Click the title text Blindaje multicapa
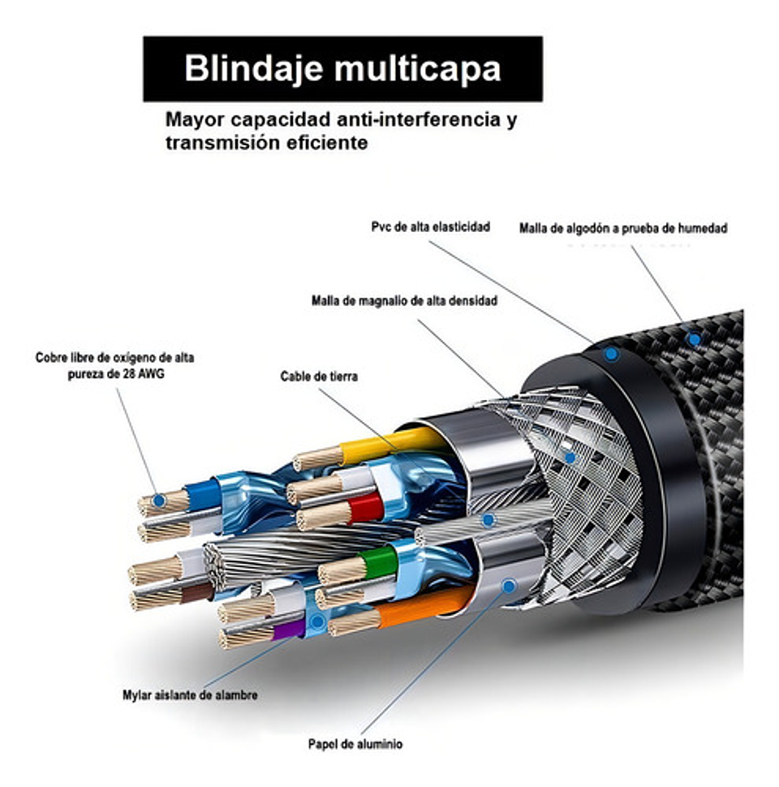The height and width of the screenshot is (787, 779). coord(342,69)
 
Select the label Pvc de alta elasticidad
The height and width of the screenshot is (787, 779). coord(430,227)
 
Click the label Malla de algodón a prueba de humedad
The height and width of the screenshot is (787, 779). coord(622,229)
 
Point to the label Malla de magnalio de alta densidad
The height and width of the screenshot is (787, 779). coord(404,300)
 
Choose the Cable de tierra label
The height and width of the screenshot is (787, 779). coord(319,376)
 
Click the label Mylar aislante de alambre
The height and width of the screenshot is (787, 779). coord(190,695)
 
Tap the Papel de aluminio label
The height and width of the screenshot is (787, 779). coord(355,744)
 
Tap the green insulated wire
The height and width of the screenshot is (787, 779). coord(377,562)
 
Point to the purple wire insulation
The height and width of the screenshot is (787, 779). coord(288,627)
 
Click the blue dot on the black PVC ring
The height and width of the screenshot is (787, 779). coord(611,354)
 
